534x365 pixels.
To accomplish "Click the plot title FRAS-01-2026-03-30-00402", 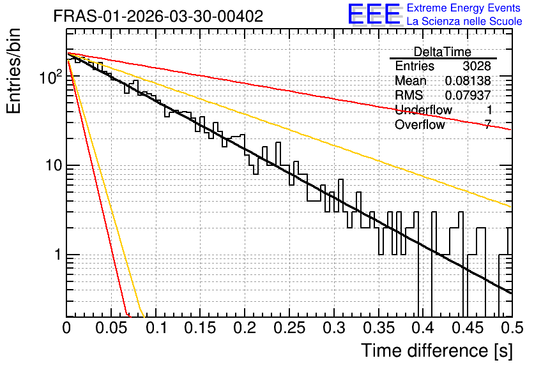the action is click(158, 16).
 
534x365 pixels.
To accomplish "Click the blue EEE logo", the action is click(374, 14).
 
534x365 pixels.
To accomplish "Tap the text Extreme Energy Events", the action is click(464, 8).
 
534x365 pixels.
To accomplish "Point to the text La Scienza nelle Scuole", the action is click(464, 22).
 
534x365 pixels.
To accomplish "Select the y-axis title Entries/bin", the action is click(13, 71).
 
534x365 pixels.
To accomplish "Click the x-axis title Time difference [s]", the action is click(437, 351).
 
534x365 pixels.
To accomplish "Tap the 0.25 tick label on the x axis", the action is click(289, 328).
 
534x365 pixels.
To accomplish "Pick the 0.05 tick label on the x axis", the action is click(111, 328).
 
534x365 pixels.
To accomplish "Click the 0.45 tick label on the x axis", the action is click(468, 328).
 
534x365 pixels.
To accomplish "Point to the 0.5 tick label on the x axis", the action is click(512, 328).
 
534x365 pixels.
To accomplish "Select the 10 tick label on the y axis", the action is click(54, 166).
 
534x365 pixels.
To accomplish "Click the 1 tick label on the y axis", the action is click(58, 255).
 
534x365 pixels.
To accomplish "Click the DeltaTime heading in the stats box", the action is click(442, 52).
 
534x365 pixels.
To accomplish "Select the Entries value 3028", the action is click(477, 66).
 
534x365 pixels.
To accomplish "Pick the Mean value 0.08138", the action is click(468, 80).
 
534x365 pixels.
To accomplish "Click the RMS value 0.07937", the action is click(468, 95).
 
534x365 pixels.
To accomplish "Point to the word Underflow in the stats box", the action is click(423, 110).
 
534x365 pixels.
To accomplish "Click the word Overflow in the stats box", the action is click(420, 124).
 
